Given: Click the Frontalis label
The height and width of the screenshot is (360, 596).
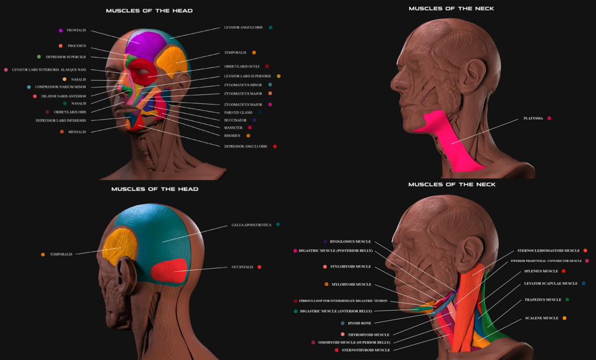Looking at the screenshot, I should tap(76, 30).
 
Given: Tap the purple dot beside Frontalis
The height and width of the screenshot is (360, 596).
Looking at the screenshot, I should tap(60, 30).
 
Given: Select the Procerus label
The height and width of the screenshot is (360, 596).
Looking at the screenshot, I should tap(77, 46).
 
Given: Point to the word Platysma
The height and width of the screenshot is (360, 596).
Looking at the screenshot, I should tap(533, 119).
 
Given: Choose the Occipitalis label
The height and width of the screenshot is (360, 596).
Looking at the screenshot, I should tap(242, 267).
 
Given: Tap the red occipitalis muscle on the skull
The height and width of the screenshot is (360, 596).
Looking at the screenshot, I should tap(168, 270).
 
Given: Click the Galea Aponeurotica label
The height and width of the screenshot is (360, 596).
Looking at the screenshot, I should tap(251, 225).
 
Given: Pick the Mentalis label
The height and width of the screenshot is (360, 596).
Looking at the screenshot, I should tap(77, 132).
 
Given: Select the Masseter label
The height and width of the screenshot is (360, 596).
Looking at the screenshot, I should tap(233, 128).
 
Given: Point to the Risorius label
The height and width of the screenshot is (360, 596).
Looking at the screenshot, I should tap(232, 136).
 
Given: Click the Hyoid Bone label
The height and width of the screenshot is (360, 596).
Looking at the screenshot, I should tap(359, 323).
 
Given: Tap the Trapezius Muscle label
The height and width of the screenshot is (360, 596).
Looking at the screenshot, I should tap(543, 300).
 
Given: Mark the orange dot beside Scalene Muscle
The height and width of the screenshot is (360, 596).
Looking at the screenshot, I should tap(564, 318).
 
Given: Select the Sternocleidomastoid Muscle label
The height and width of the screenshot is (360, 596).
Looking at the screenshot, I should tap(548, 250).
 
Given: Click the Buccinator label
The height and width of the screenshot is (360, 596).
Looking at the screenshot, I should tap(235, 120).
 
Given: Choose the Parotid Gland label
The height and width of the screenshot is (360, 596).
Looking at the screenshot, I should tap(238, 112).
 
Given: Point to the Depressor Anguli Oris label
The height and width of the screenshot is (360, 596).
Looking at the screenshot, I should tap(246, 146).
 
